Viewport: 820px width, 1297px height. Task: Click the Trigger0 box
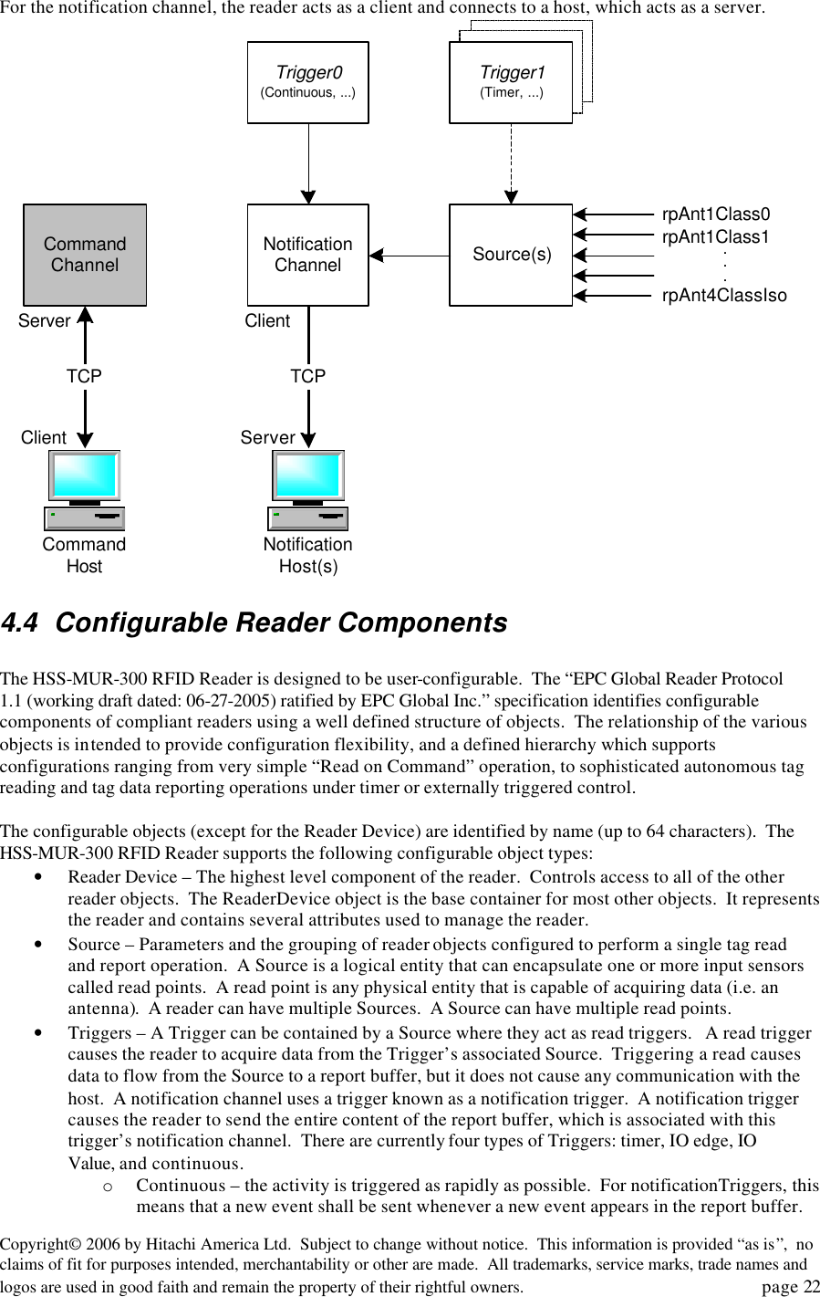(x=308, y=82)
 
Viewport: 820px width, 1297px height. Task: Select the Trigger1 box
(x=511, y=82)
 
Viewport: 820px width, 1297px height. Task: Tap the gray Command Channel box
(x=85, y=255)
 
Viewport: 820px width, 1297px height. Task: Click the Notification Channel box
(x=308, y=255)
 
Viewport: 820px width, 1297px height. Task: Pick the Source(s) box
(x=511, y=255)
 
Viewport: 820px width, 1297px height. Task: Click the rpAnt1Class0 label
(x=716, y=214)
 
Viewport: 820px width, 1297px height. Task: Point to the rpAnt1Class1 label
(x=716, y=236)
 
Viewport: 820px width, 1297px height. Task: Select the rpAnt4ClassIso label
(x=724, y=295)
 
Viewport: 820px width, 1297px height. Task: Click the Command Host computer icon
(x=85, y=490)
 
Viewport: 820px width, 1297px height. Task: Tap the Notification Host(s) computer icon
(x=308, y=490)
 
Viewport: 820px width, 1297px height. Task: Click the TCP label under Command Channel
(x=84, y=376)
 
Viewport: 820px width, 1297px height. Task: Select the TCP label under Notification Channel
(x=308, y=376)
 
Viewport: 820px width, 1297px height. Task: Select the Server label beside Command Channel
(x=44, y=321)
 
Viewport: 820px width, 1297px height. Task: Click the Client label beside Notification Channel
(x=267, y=321)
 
